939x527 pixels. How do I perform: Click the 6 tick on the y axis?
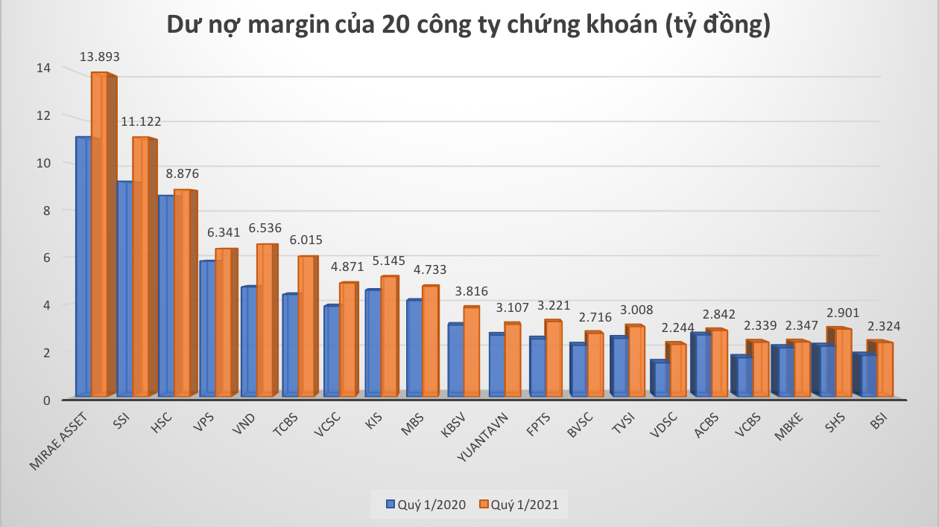pyautogui.click(x=45, y=258)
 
